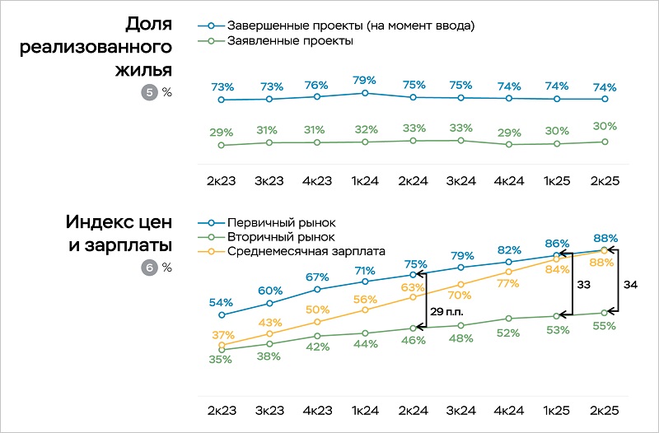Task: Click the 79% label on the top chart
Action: [x=364, y=80]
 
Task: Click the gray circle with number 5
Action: [x=149, y=92]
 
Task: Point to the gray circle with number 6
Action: [x=149, y=268]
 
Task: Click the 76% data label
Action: [x=317, y=85]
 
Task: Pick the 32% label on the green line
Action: [x=365, y=129]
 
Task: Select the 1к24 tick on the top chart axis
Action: [x=364, y=181]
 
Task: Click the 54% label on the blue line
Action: [x=222, y=302]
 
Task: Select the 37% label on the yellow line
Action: [x=222, y=335]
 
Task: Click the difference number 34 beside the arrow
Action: [x=631, y=284]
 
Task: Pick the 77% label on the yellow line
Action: [x=508, y=284]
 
